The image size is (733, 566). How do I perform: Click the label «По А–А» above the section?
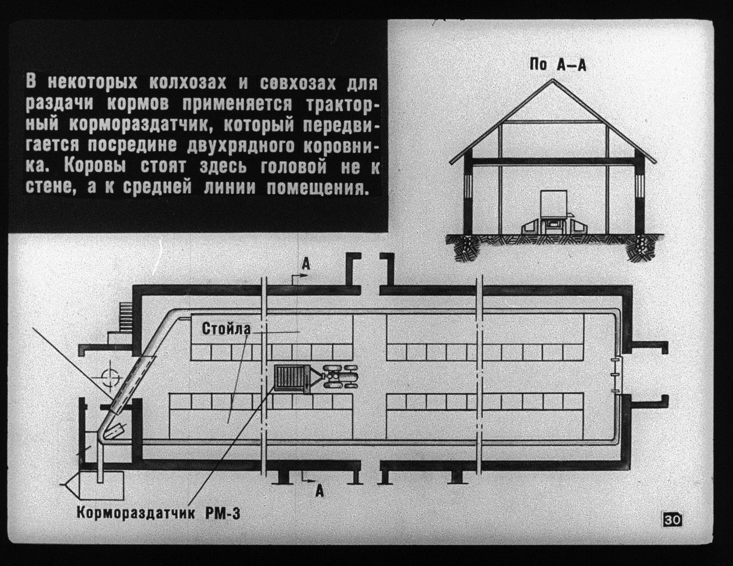click(x=557, y=65)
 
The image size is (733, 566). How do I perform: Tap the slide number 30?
click(x=672, y=520)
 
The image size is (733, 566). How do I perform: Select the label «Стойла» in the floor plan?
click(x=226, y=329)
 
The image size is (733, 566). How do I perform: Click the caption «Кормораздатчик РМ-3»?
click(x=158, y=512)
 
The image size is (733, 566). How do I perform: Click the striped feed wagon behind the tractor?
click(x=290, y=378)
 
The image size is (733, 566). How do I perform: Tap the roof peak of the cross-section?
click(x=553, y=80)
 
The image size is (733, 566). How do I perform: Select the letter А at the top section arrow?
click(x=306, y=265)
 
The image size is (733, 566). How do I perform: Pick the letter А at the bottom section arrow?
click(x=319, y=491)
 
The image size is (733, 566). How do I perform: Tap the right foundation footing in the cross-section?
click(x=640, y=248)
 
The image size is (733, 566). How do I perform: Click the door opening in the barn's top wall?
click(x=370, y=289)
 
